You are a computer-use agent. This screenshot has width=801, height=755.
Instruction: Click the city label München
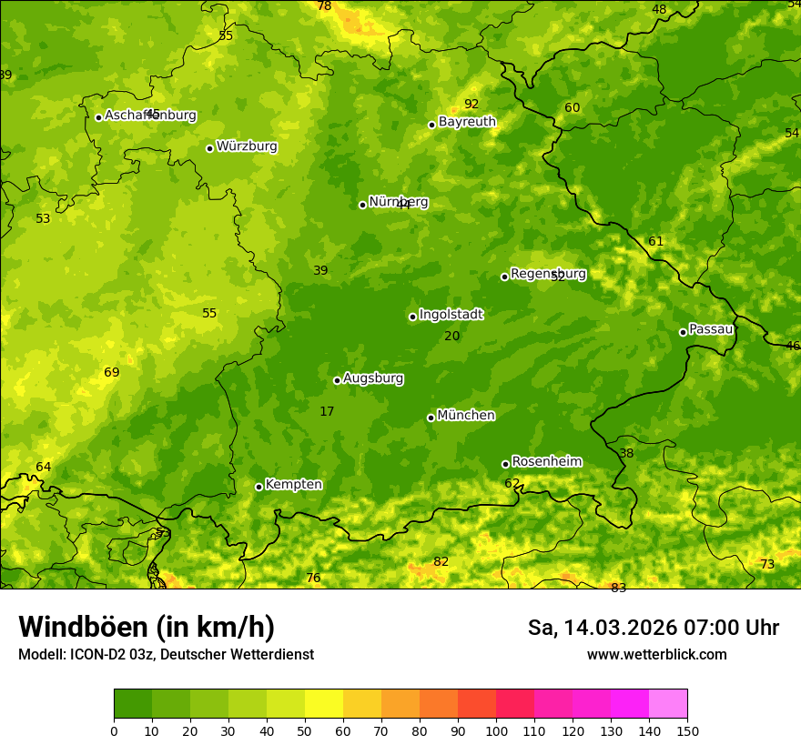tap(466, 416)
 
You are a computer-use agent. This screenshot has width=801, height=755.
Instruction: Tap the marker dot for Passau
tap(683, 332)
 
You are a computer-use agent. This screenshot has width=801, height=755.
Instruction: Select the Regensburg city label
tap(548, 274)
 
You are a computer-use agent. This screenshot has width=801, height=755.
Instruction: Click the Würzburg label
tap(247, 146)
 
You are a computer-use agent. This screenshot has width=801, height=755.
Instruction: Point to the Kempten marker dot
tap(259, 487)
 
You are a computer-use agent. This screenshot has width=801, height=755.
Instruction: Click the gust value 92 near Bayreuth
tap(471, 104)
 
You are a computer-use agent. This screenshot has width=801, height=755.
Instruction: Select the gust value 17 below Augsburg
tap(327, 412)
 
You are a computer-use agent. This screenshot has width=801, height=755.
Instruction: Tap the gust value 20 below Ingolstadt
tap(452, 337)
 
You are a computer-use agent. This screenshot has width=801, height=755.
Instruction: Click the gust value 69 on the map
tap(112, 373)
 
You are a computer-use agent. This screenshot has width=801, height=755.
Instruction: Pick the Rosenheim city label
tap(546, 462)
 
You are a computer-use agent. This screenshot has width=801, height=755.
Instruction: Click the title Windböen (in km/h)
tap(147, 627)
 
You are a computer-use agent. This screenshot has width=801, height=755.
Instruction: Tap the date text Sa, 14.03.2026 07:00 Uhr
tap(654, 628)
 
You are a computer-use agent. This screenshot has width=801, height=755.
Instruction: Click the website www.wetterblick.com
tap(657, 655)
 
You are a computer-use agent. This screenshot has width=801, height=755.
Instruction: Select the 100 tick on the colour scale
tap(496, 730)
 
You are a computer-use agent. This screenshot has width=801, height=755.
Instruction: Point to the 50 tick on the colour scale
tap(305, 730)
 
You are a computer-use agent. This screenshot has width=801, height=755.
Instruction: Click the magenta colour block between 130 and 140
tap(630, 704)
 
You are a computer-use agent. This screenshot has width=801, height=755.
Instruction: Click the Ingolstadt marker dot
tap(412, 317)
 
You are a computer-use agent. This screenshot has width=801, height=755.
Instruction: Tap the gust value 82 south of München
tap(441, 562)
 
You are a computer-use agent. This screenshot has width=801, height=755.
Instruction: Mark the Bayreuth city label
tap(467, 122)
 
